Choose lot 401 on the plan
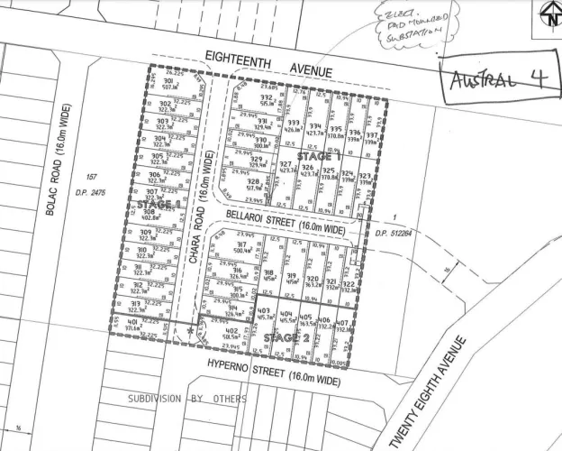coord(132,322)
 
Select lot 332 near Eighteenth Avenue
coord(266,97)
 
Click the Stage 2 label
coord(291,337)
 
